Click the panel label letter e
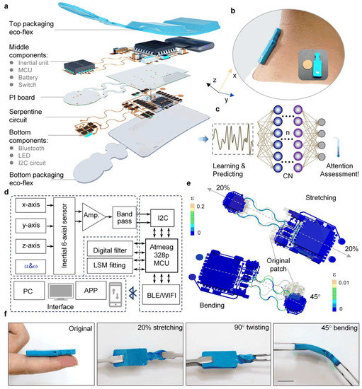point(210,182)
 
